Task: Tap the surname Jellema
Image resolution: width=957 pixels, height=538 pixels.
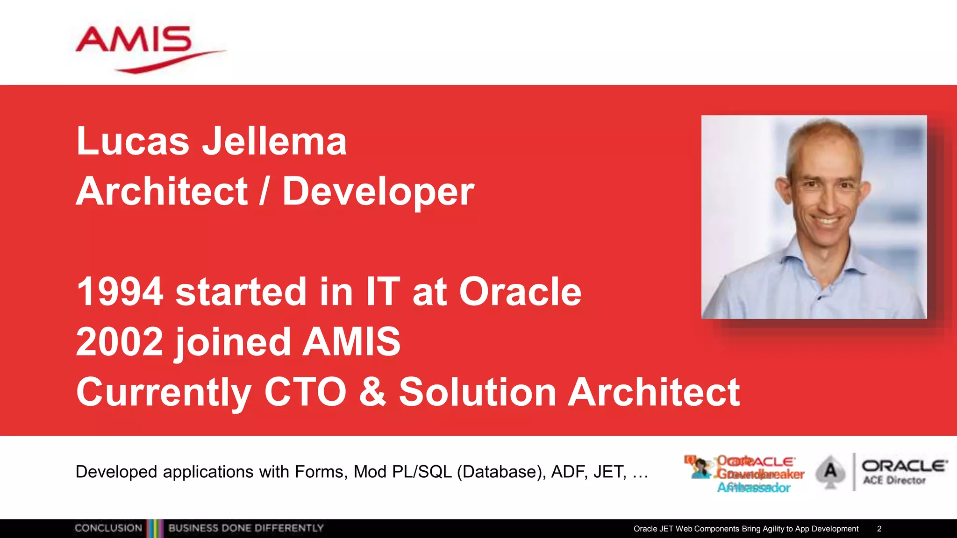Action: point(274,141)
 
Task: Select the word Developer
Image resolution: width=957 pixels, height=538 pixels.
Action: point(378,191)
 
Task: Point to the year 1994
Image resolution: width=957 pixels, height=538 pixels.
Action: point(120,291)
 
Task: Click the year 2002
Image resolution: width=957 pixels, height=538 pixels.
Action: point(120,342)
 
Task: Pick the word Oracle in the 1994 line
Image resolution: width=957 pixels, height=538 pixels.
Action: point(520,291)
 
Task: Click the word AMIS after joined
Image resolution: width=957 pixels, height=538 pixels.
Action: point(351,342)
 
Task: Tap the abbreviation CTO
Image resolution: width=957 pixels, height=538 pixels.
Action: point(305,392)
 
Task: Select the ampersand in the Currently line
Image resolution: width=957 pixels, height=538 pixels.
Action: point(372,392)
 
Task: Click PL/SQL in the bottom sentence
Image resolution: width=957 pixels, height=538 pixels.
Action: point(421,472)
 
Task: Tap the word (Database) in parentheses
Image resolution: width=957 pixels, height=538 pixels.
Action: point(501,472)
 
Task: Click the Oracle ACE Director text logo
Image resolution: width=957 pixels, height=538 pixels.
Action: point(903,472)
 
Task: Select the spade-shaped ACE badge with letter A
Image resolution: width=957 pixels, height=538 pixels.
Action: point(830,472)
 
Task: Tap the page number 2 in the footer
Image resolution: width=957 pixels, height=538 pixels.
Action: point(879,529)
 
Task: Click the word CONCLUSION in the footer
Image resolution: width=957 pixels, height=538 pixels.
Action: point(108,528)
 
